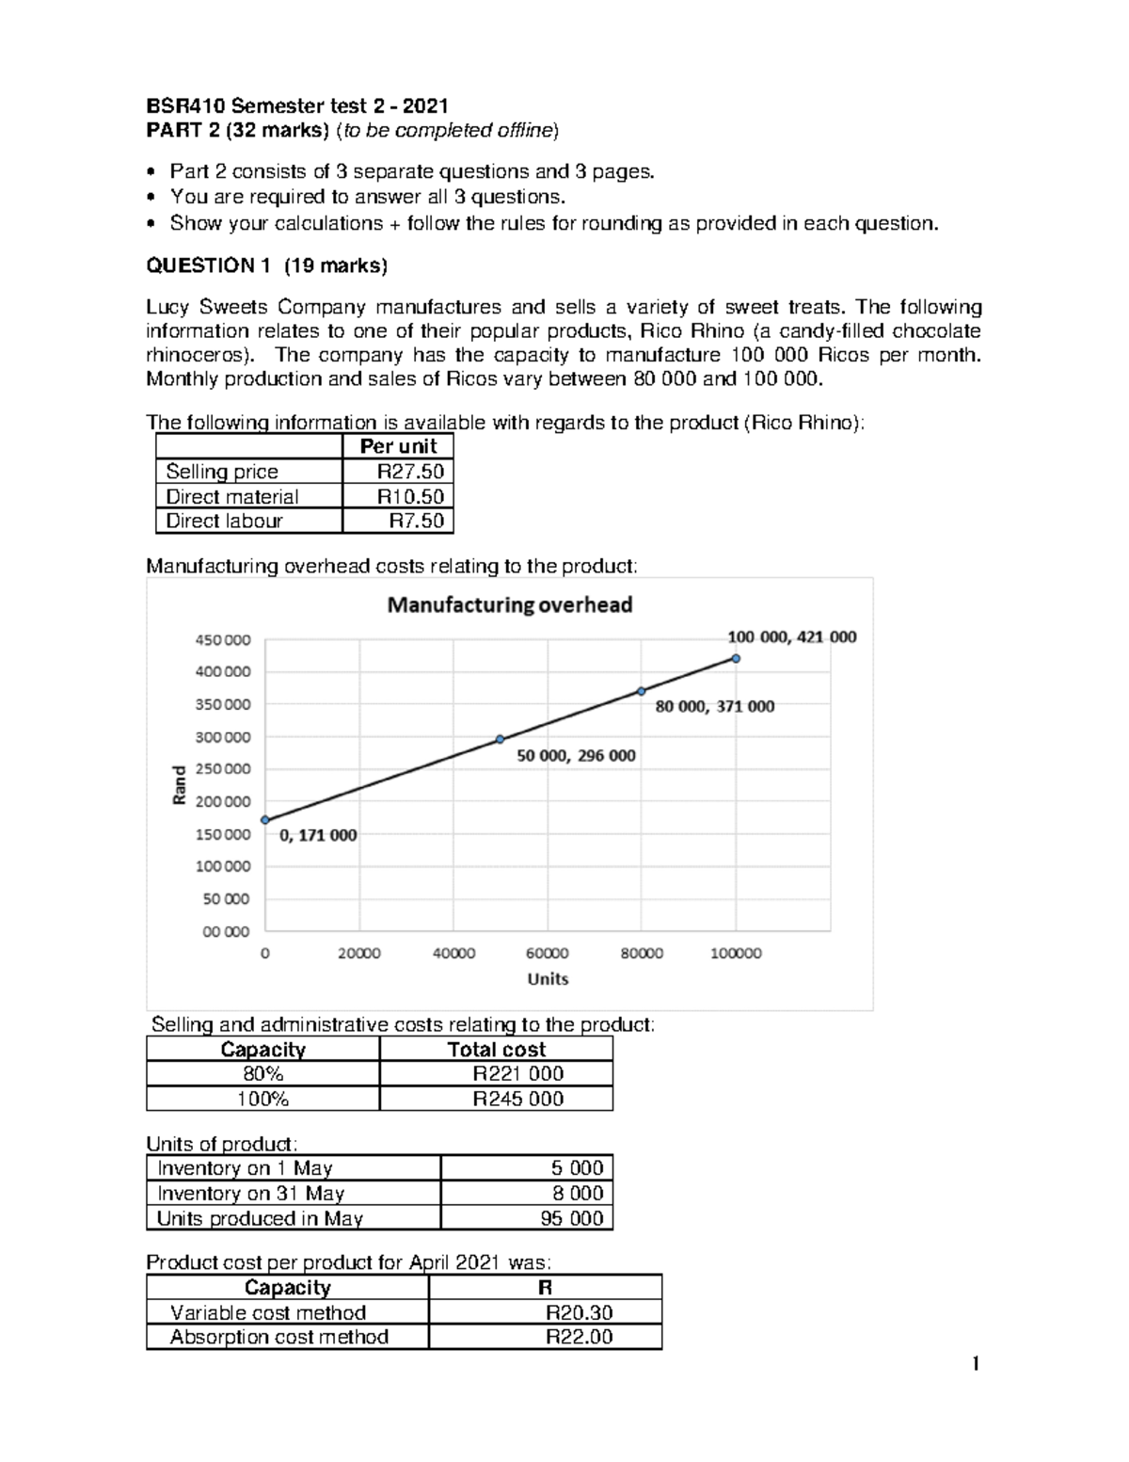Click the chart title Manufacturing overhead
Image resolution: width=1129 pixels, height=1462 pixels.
[x=510, y=605]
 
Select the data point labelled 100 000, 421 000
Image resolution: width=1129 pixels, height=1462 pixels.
[x=736, y=659]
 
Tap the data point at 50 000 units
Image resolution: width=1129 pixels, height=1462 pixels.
[x=500, y=739]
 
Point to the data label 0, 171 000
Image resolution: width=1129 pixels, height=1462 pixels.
[x=318, y=835]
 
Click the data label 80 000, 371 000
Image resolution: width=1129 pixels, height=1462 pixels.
[x=714, y=706]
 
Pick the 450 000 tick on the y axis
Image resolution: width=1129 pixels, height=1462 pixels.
[x=223, y=640]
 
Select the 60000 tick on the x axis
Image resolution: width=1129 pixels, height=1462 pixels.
[x=547, y=953]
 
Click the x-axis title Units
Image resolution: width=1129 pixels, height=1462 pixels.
[x=548, y=979]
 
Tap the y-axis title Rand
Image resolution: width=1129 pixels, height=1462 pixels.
[x=179, y=785]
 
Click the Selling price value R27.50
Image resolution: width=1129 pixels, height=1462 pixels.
[x=410, y=472]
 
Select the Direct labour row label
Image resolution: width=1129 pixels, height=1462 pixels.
[x=224, y=521]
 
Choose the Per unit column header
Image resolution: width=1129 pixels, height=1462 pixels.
[x=398, y=446]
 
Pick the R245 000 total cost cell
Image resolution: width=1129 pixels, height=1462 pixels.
[x=517, y=1099]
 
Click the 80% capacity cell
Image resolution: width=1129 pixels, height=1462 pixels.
[x=262, y=1074]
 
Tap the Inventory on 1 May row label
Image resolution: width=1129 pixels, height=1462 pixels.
[x=245, y=1168]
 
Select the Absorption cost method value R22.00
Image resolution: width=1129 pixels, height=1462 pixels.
[x=580, y=1337]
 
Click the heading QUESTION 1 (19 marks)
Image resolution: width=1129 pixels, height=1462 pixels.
[x=266, y=265]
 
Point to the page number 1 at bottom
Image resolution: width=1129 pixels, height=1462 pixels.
[x=976, y=1363]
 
